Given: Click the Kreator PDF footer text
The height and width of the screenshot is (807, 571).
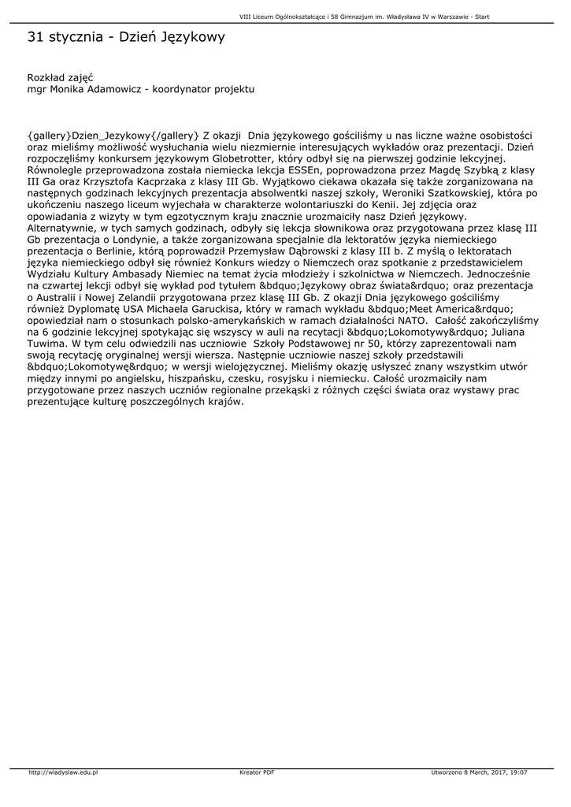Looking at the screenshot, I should pyautogui.click(x=257, y=772).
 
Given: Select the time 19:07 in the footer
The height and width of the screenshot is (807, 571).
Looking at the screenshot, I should pyautogui.click(x=517, y=772).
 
